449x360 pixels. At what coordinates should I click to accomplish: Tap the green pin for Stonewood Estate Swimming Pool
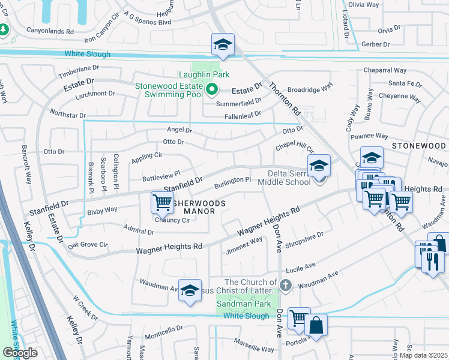click(211, 90)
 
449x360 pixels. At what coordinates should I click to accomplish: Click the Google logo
click(20, 353)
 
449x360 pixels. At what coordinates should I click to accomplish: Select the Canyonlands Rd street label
click(49, 31)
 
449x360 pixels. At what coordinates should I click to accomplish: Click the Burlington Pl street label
click(232, 181)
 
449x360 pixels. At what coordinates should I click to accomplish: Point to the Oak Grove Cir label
click(87, 245)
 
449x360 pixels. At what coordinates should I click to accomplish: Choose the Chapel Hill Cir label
click(295, 148)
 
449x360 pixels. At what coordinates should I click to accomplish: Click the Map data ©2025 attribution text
click(423, 355)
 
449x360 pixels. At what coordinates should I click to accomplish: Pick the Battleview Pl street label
click(161, 176)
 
